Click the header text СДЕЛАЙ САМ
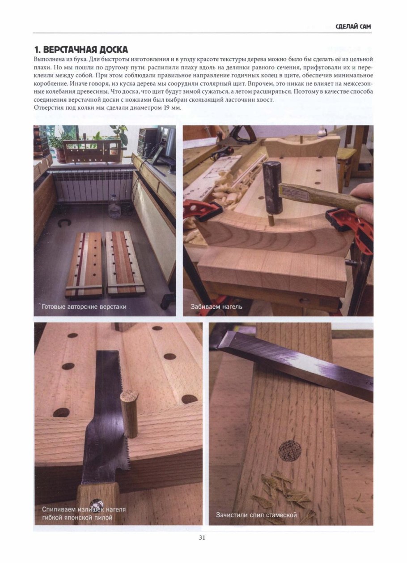[x=353, y=26]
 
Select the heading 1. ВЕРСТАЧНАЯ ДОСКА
[x=81, y=50]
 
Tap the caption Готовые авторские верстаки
[x=84, y=307]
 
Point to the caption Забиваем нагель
[x=216, y=307]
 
